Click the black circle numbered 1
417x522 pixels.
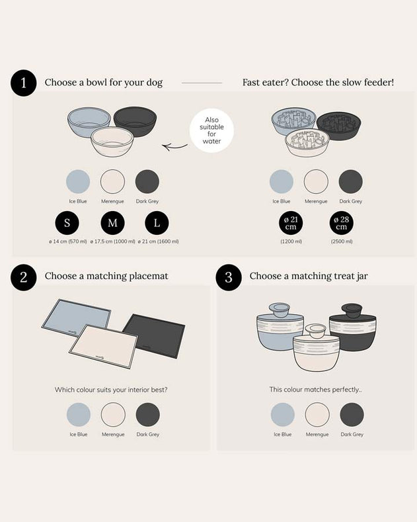pos(24,83)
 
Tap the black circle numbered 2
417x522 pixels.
pos(24,277)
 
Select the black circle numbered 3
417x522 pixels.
pos(229,277)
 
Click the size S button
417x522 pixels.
pos(67,223)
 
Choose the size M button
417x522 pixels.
pos(113,223)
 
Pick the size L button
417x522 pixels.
pos(157,223)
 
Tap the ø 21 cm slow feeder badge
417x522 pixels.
pos(291,223)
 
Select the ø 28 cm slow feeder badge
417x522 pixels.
pos(342,223)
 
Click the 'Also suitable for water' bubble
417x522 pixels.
pos(212,130)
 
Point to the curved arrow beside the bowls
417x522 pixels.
pos(174,146)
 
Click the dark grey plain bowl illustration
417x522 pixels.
pos(135,120)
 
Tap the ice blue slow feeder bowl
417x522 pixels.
pos(293,120)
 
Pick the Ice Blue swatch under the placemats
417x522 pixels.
pos(79,414)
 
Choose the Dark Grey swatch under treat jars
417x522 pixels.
pos(352,414)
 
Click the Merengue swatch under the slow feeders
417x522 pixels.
pos(316,181)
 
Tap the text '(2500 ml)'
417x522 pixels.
pos(342,241)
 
